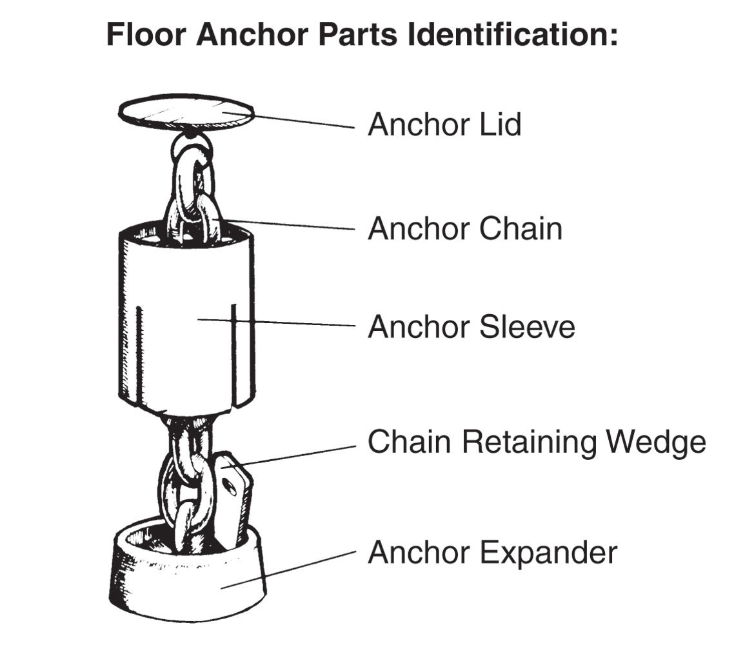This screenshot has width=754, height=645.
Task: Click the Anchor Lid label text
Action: coord(444,124)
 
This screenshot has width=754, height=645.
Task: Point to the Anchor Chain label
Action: coord(464,229)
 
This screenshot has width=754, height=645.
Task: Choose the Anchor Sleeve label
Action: coord(471,327)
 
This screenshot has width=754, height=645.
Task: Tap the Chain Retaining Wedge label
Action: coord(537,442)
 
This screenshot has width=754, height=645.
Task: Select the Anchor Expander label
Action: coord(492,553)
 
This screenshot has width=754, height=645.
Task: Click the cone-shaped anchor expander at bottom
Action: coord(187,580)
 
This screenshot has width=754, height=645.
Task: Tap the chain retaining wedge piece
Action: coord(232,497)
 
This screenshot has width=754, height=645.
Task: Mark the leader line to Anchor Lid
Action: coord(303,121)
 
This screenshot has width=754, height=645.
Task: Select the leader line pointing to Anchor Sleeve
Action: coord(277,322)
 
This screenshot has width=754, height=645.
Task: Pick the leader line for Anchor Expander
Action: coord(290,568)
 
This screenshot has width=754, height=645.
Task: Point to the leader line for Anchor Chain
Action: coord(290,226)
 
